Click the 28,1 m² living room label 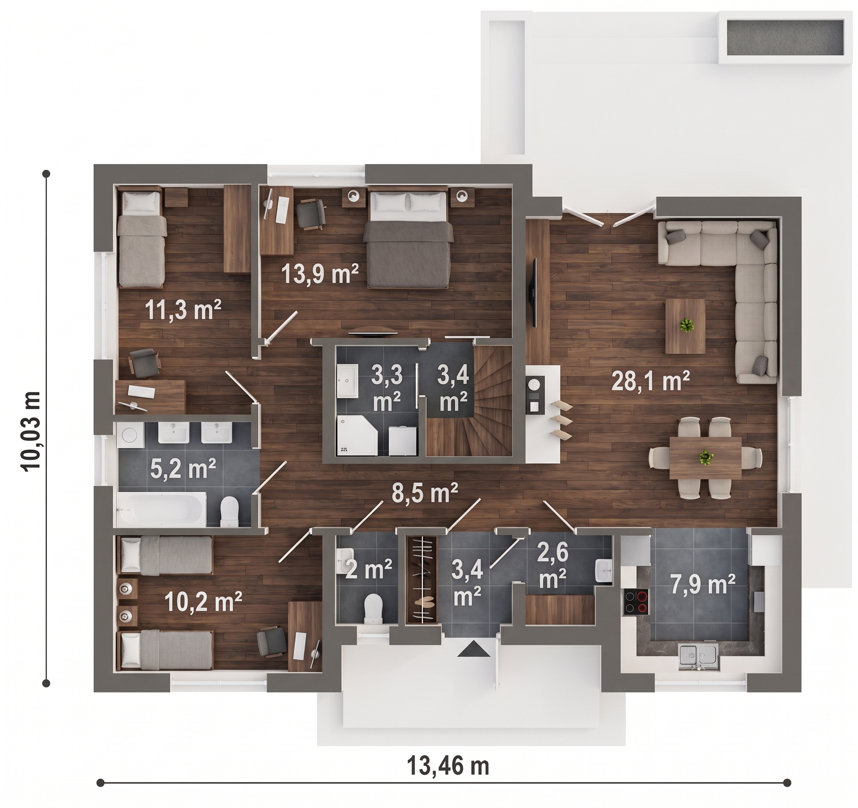click(x=651, y=380)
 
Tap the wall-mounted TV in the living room click(x=534, y=292)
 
